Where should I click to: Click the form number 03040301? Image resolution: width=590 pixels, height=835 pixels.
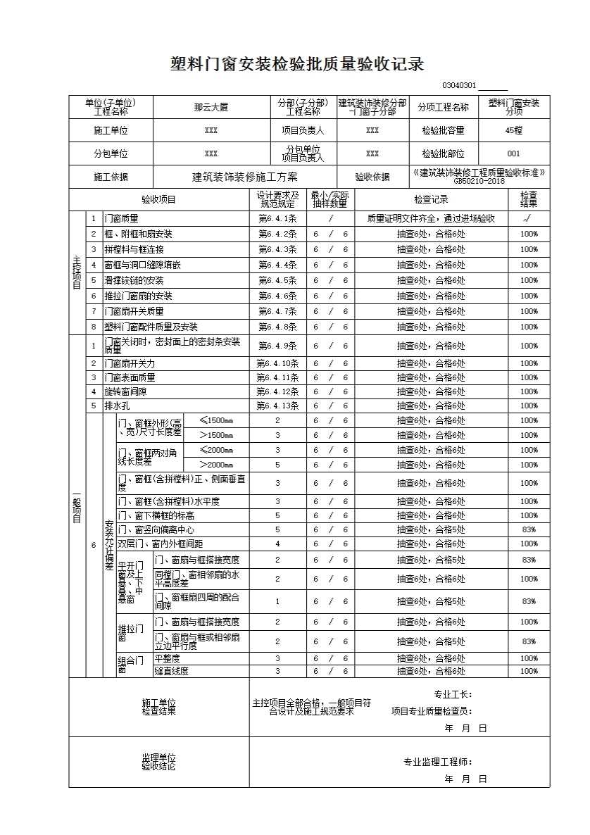459,86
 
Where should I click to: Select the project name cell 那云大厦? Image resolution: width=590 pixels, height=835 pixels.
211,108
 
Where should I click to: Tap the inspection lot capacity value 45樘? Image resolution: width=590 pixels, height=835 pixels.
514,130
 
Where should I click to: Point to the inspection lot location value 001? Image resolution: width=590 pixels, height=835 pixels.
514,153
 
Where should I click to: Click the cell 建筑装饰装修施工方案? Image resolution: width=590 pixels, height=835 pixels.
244,177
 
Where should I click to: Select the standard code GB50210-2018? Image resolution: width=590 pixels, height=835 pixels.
479,182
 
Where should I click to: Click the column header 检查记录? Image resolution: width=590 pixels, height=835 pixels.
431,199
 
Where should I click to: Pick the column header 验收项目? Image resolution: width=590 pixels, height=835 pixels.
159,199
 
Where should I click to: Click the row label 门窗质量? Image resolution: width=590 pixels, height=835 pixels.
122,219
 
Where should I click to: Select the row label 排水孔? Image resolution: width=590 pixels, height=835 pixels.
117,406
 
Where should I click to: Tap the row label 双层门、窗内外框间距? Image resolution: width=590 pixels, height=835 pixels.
160,544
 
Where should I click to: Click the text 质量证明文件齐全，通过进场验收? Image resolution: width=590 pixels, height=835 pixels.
431,219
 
